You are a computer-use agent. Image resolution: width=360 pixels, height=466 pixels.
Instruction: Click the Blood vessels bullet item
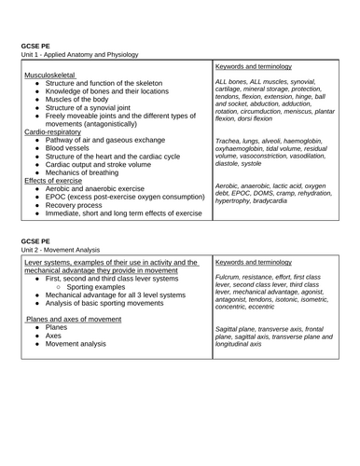click(71, 150)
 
